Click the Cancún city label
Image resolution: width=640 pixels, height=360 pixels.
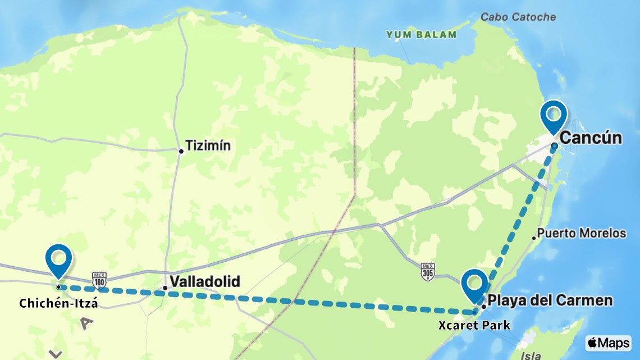click(x=591, y=138)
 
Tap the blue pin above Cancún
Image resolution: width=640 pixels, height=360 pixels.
click(x=553, y=116)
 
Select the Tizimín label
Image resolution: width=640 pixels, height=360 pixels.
click(x=209, y=146)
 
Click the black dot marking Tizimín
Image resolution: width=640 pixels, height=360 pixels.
click(x=181, y=151)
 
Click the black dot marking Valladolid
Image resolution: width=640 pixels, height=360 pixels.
click(x=164, y=288)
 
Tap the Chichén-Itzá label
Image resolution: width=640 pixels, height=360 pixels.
click(x=58, y=304)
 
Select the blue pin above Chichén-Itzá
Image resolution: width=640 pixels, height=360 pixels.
click(x=58, y=260)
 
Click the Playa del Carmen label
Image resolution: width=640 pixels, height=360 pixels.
click(x=550, y=300)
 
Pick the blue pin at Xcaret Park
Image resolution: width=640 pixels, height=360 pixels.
click(x=474, y=285)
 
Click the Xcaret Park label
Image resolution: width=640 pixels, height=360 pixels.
click(x=474, y=325)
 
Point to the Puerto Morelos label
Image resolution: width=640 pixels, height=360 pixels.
click(x=582, y=233)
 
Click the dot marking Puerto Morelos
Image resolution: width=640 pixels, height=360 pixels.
click(x=533, y=238)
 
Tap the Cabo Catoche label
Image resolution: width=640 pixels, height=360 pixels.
click(x=518, y=17)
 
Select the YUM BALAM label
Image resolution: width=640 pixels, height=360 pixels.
click(x=421, y=35)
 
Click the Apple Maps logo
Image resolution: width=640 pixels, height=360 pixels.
click(x=608, y=343)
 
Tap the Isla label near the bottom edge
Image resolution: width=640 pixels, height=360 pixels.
click(x=531, y=355)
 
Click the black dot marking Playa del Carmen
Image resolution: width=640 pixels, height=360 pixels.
click(x=483, y=307)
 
